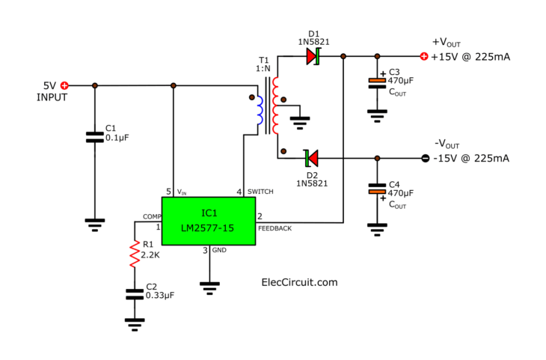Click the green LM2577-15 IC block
[209, 220]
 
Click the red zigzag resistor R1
[135, 255]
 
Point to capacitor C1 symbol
[94, 137]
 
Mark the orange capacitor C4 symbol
[376, 192]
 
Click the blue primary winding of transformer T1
[260, 111]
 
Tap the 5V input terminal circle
[64, 86]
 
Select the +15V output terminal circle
[424, 56]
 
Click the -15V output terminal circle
[424, 158]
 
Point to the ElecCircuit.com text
[299, 282]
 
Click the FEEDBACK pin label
[275, 228]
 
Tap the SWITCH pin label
[260, 192]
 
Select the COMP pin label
[153, 216]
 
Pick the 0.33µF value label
[160, 296]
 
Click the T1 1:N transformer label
[264, 64]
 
